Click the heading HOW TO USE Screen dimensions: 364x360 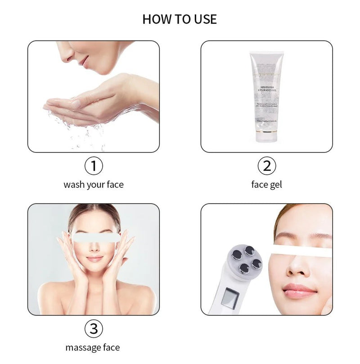point(180,19)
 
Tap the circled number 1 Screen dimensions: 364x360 point(94,166)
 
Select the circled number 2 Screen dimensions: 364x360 point(266,166)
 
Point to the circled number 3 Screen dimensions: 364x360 point(94,329)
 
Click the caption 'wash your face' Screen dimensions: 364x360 point(94,185)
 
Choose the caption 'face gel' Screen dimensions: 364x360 point(266,185)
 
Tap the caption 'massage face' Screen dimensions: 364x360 point(93,347)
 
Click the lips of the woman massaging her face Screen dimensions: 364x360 point(94,259)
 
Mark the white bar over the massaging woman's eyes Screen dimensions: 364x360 point(95,237)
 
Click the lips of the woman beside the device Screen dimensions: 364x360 point(299,290)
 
